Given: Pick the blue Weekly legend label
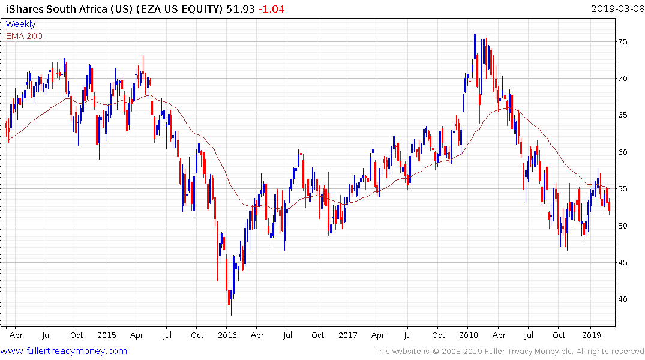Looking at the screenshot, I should pyautogui.click(x=20, y=25).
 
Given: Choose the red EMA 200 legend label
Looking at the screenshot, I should pyautogui.click(x=24, y=36).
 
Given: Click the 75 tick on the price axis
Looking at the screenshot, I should pyautogui.click(x=625, y=42).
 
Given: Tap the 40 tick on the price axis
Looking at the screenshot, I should pyautogui.click(x=625, y=299).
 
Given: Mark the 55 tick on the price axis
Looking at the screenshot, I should pyautogui.click(x=625, y=189).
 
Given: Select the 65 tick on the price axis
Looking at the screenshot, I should pyautogui.click(x=625, y=115).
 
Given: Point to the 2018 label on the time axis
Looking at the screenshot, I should pyautogui.click(x=468, y=335).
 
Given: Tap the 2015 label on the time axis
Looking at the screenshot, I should pyautogui.click(x=106, y=335).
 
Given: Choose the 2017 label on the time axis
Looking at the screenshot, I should pyautogui.click(x=347, y=335).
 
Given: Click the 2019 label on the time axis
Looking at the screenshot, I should pyautogui.click(x=592, y=335).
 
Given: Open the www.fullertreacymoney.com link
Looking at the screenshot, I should pyautogui.click(x=64, y=351).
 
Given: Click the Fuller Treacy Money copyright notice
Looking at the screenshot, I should pyautogui.click(x=510, y=352).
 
